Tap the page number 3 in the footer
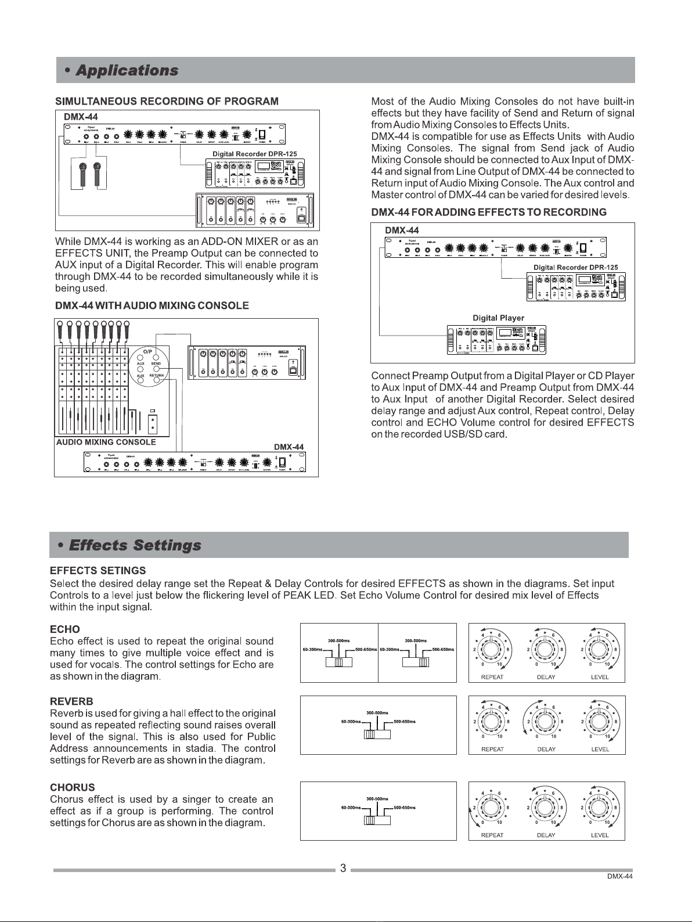click(x=343, y=869)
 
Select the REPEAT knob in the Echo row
click(x=492, y=649)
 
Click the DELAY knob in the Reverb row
click(x=546, y=721)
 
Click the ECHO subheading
click(x=65, y=629)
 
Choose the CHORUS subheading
click(x=73, y=788)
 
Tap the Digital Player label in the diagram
click(x=498, y=318)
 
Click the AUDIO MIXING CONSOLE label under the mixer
click(x=106, y=442)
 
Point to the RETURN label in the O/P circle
click(x=156, y=376)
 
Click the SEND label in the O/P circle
click(x=156, y=363)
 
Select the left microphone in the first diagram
click(x=83, y=174)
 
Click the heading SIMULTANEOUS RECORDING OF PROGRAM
click(x=167, y=101)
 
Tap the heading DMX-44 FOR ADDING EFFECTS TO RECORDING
click(x=489, y=212)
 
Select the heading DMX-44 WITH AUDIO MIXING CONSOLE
click(x=152, y=305)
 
